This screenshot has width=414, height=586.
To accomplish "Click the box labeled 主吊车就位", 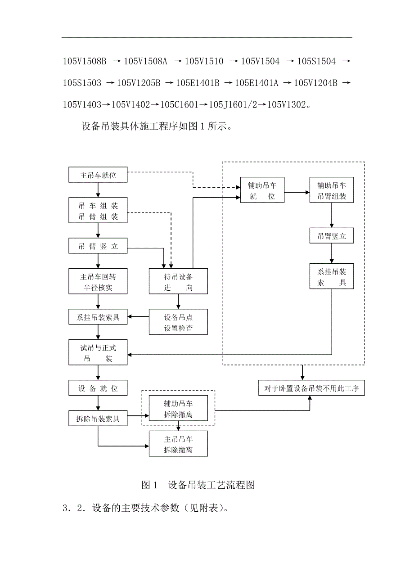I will point(98,175).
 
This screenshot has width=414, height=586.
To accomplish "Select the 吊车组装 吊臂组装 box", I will point(98,211).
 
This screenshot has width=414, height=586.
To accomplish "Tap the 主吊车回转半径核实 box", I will point(98,282).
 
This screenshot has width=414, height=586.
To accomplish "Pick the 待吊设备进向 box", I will point(178,282).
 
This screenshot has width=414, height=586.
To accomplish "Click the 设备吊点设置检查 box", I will point(178,322).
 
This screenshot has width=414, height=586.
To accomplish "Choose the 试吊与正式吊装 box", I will point(98,353).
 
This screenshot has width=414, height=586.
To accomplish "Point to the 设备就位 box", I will point(98,388).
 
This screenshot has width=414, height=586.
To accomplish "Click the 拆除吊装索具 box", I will point(98,419).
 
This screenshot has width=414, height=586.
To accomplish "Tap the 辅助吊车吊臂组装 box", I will point(332,190).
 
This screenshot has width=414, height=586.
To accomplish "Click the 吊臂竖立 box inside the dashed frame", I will point(332,236).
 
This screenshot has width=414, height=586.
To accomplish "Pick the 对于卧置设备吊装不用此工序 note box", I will point(311,388).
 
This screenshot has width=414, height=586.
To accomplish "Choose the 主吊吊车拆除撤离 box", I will point(178,444).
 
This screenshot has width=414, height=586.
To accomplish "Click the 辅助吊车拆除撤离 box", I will point(178,409).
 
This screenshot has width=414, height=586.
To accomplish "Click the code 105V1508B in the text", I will point(85,61).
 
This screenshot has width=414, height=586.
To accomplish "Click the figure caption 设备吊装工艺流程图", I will point(211,485).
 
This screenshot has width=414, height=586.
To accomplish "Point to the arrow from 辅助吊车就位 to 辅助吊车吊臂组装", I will point(297,192).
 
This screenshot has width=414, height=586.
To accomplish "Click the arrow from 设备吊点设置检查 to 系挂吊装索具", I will point(138,317).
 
